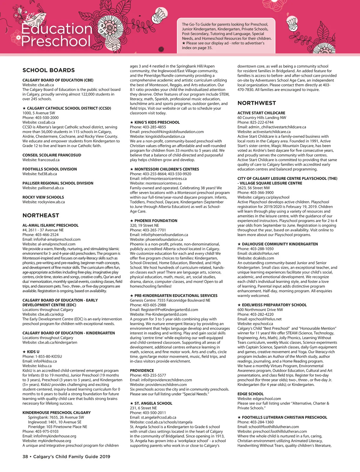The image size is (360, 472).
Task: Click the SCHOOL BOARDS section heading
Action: [x=49, y=70]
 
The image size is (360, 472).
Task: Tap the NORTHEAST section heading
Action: [x=41, y=215]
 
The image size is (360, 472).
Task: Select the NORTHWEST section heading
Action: [x=256, y=103]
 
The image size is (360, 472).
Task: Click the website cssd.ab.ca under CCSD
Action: [x=46, y=122]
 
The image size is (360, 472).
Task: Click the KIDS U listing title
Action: [x=33, y=352]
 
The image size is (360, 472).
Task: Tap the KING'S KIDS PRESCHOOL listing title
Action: [x=157, y=122]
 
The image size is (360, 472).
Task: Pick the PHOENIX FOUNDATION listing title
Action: [x=156, y=221]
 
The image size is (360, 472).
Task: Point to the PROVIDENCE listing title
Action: [x=142, y=370]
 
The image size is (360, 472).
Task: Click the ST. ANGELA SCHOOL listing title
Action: [x=153, y=403]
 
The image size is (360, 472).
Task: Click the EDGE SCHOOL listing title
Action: [x=250, y=394]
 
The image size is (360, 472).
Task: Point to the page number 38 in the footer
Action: [x=25, y=456]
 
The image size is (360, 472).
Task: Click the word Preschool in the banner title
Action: [x=56, y=41]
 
